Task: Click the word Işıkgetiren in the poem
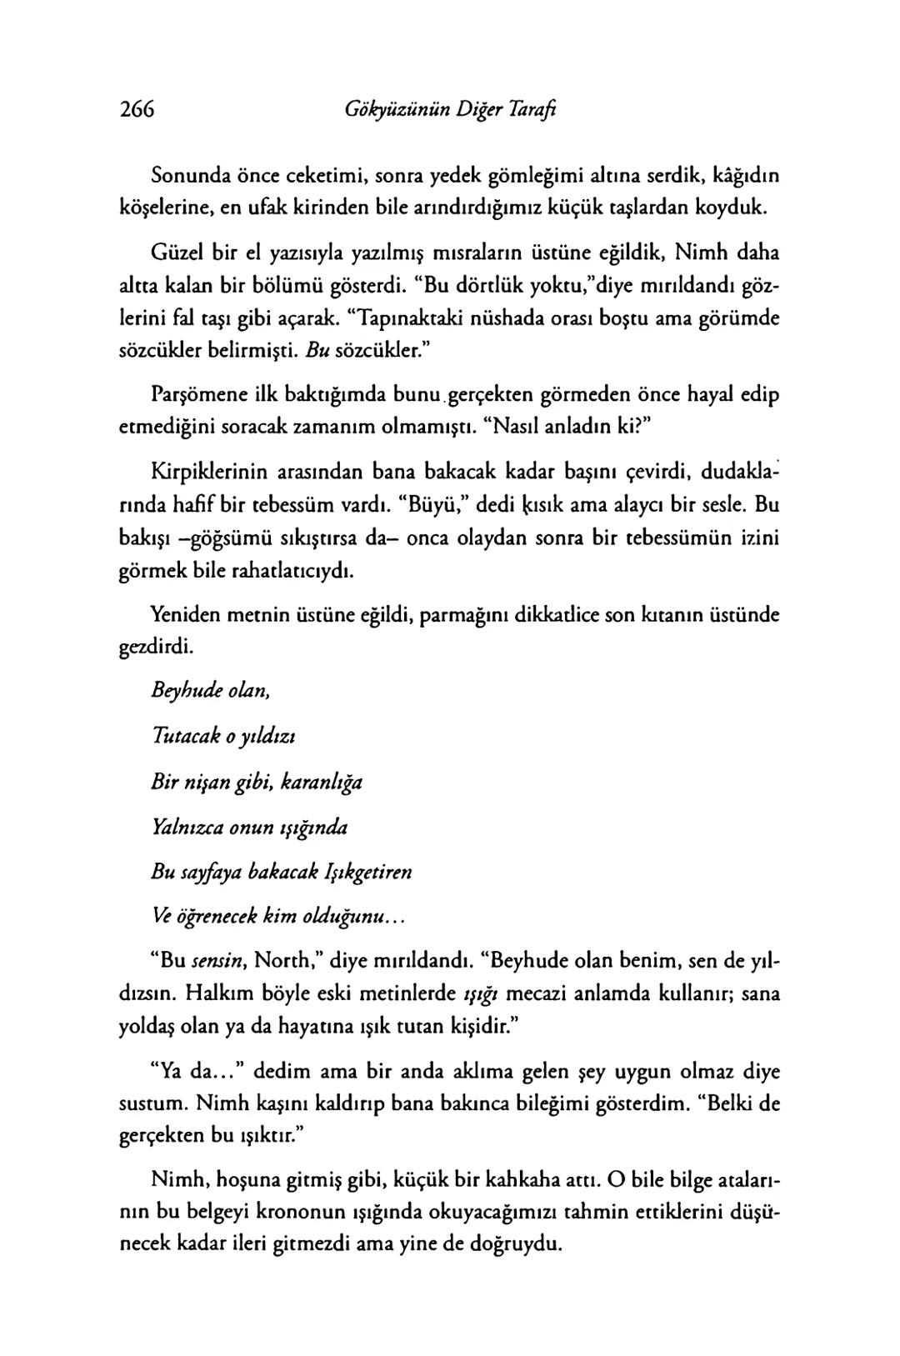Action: pos(371,873)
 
